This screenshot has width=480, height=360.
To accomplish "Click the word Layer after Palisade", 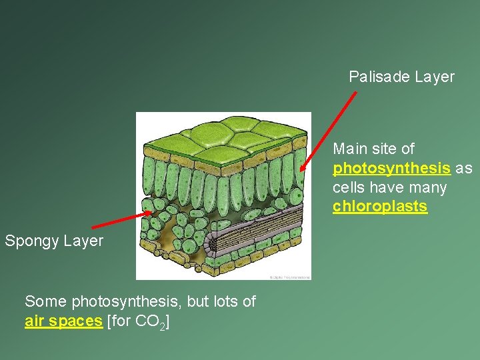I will point(434,77).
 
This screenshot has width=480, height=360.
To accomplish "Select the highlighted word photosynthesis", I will point(391,168).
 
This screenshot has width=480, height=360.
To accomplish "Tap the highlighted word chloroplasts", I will point(380,207).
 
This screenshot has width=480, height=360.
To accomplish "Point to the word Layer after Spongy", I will point(85,241).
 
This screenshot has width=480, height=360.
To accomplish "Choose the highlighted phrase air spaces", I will point(63,321).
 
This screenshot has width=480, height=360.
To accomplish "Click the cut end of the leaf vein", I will point(212,245).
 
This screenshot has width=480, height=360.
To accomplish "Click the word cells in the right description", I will point(349,187).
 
